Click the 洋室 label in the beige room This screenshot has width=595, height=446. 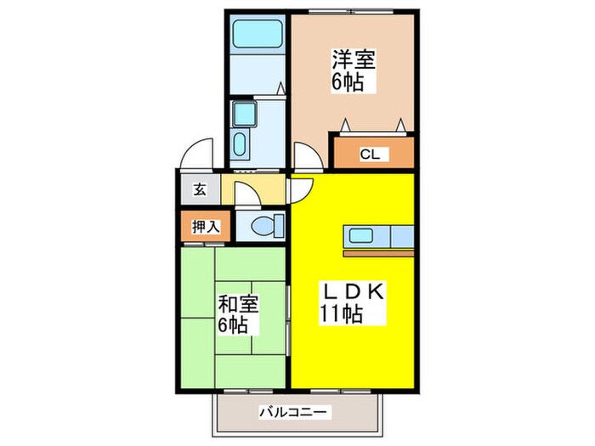[x=354, y=60]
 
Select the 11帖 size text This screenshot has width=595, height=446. [x=342, y=314]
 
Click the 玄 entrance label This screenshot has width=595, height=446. [x=199, y=190]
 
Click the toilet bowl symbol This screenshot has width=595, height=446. [x=267, y=227]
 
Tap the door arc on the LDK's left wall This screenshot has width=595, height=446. [x=301, y=191]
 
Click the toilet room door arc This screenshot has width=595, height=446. [x=249, y=195]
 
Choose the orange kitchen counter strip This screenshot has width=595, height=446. [x=377, y=251]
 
